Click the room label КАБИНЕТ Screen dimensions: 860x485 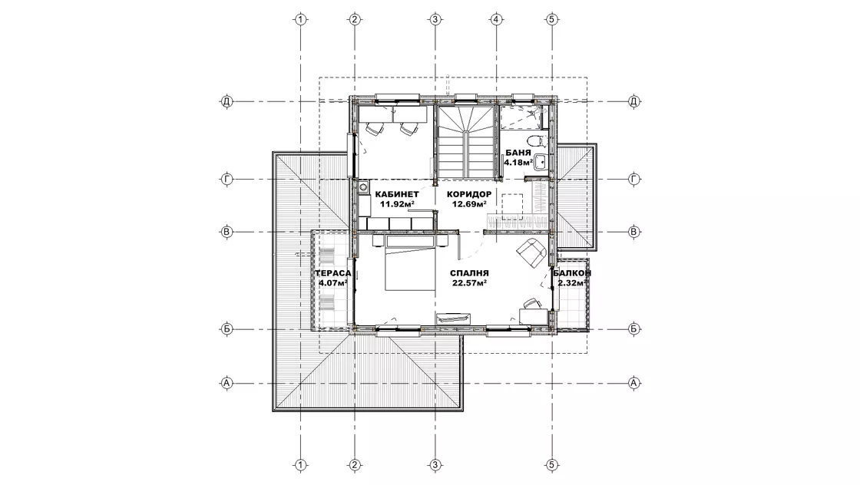(x=396, y=194)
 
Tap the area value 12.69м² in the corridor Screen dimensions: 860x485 (x=469, y=204)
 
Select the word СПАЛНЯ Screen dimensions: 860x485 (x=469, y=273)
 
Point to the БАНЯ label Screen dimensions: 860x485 (x=518, y=153)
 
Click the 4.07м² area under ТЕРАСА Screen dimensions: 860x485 (x=333, y=282)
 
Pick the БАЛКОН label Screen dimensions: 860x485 (x=572, y=273)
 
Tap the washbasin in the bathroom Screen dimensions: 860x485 (x=541, y=161)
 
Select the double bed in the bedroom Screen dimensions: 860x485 (x=410, y=262)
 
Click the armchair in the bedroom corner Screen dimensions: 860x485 (x=530, y=252)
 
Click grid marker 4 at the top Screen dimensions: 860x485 (x=496, y=20)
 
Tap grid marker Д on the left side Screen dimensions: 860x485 (x=227, y=101)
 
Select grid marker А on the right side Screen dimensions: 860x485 (x=633, y=383)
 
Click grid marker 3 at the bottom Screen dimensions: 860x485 (x=435, y=465)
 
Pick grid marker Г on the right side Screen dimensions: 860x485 (x=633, y=180)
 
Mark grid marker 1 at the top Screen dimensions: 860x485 (x=300, y=20)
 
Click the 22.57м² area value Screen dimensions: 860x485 (x=469, y=282)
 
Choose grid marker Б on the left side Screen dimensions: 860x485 (x=227, y=329)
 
